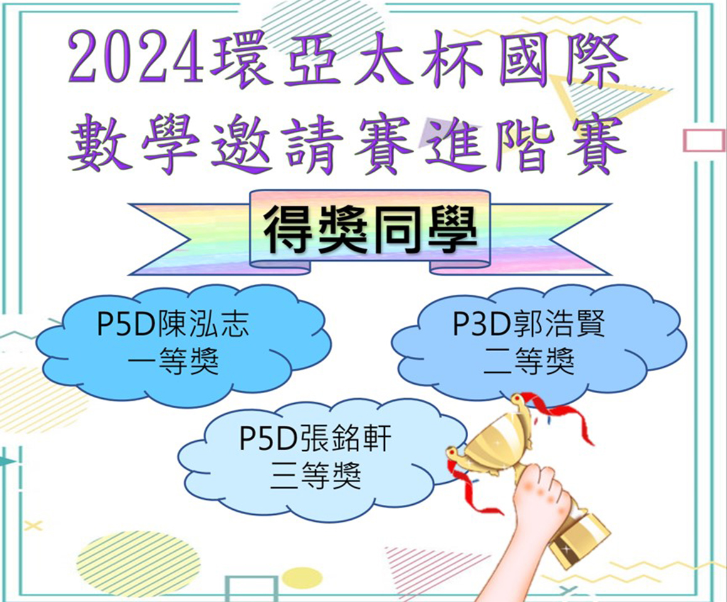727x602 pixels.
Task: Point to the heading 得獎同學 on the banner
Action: [x=370, y=229]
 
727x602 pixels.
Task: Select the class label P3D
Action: [x=482, y=324]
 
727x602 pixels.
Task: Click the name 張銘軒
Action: [x=345, y=438]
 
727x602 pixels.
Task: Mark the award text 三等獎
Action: [x=315, y=475]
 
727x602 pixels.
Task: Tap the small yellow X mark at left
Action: [x=33, y=526]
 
